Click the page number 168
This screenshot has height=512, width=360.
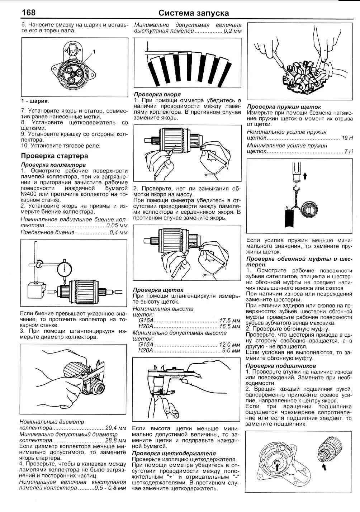(x=28, y=13)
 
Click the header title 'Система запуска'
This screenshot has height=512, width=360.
(x=194, y=13)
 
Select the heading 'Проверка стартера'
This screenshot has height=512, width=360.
(x=54, y=156)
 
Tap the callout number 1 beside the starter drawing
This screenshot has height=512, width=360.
(x=94, y=52)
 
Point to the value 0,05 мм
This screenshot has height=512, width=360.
(x=117, y=226)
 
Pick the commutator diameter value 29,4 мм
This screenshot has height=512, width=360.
(x=116, y=428)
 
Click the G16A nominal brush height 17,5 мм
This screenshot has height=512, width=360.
(x=229, y=320)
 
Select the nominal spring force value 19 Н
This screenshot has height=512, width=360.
(x=347, y=138)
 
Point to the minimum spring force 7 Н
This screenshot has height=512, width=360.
(x=349, y=151)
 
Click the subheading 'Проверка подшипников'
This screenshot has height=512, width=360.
(x=281, y=366)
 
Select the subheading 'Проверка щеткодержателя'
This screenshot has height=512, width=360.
(x=174, y=453)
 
